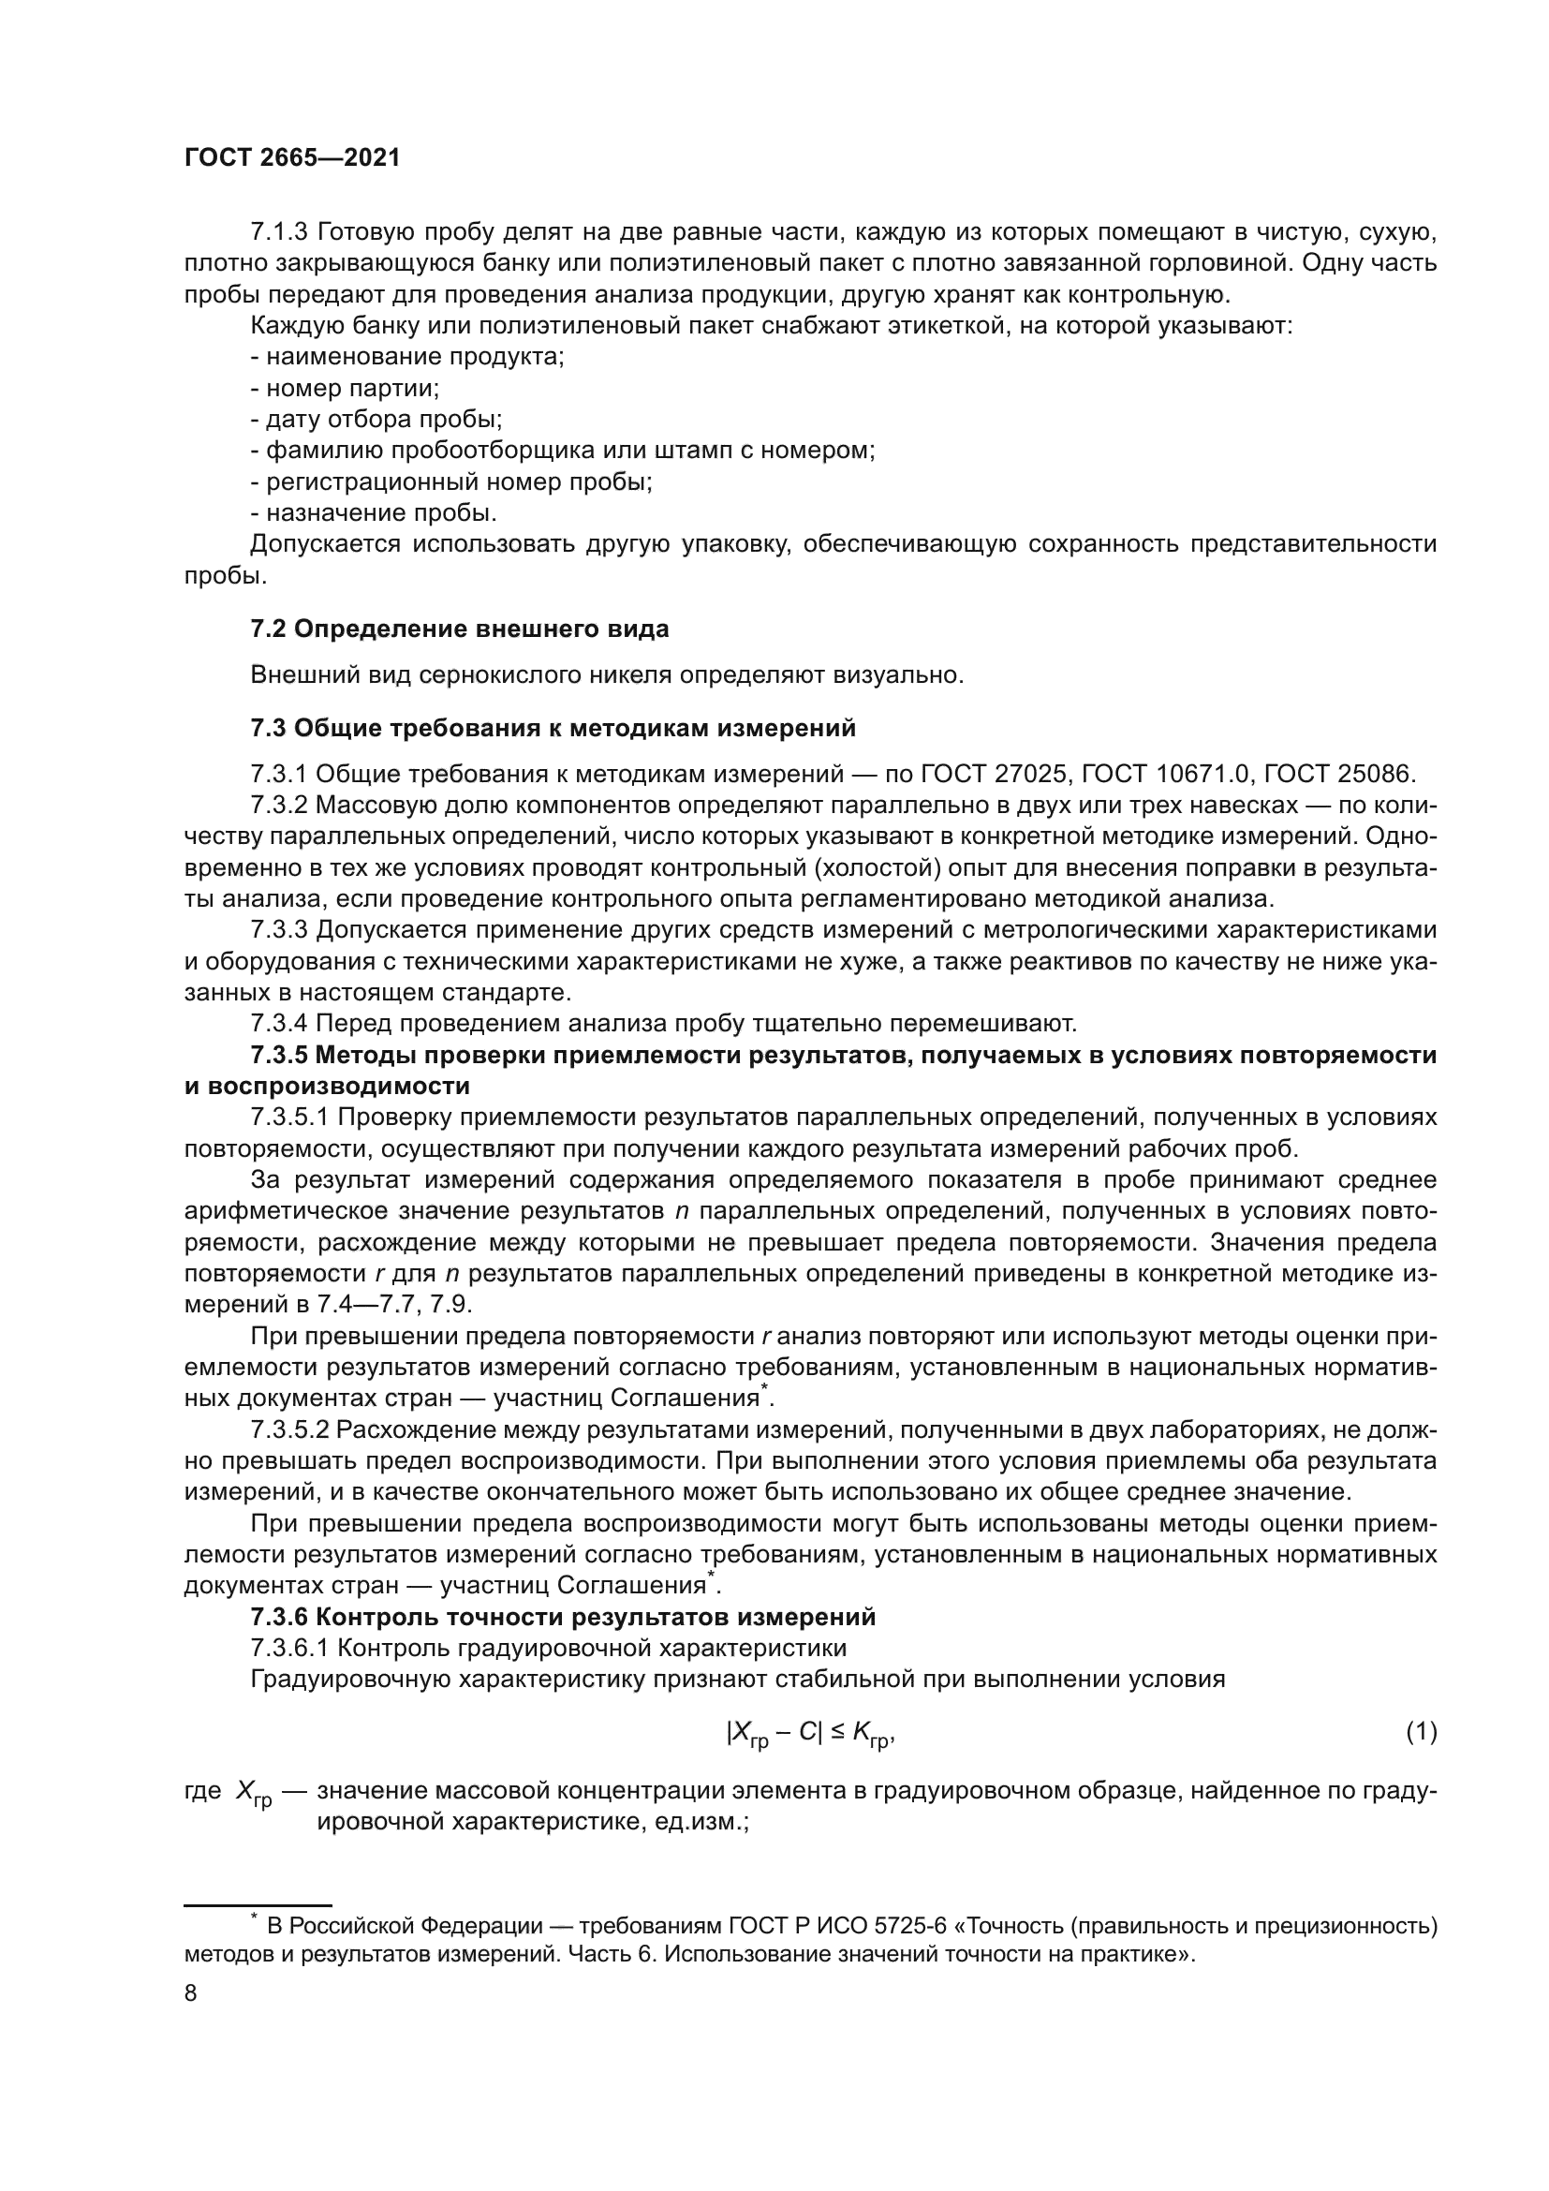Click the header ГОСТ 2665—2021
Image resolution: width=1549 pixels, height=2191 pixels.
[292, 158]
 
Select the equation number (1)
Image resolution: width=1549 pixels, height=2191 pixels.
[1422, 1731]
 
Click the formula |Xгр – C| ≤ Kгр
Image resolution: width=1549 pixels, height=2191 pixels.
[810, 1733]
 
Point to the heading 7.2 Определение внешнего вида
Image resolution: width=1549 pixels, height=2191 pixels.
[460, 629]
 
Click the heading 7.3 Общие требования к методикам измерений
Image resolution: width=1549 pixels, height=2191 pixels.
[553, 728]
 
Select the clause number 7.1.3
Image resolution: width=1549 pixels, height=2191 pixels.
[279, 232]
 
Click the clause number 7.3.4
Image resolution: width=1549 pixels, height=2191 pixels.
[279, 1024]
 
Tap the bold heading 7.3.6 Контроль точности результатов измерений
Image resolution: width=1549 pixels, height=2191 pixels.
[563, 1618]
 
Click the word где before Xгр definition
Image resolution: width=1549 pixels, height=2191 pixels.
[202, 1791]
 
